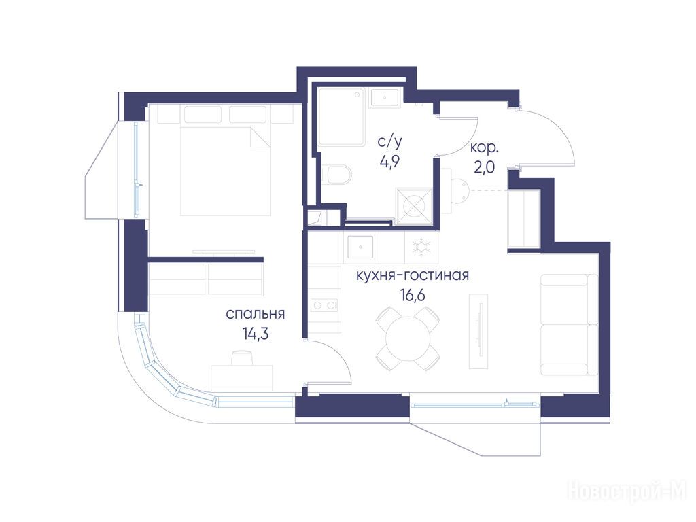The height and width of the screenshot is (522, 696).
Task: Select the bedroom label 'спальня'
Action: (256, 314)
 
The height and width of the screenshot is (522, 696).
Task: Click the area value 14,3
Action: (256, 333)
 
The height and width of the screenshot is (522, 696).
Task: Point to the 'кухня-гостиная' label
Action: (413, 275)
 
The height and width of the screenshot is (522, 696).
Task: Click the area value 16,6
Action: (413, 294)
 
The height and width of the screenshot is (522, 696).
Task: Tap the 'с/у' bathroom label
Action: (389, 142)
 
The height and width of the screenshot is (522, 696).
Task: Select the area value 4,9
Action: (389, 161)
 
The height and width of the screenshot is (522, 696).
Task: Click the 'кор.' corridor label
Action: (484, 147)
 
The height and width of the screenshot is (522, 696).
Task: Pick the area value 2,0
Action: (484, 167)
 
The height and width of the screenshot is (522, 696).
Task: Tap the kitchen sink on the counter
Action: (360, 247)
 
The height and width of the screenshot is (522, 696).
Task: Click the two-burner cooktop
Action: (324, 305)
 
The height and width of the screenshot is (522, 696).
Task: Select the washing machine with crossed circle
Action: (414, 205)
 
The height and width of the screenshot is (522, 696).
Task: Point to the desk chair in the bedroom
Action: (242, 358)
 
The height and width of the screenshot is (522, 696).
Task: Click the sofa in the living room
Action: (570, 324)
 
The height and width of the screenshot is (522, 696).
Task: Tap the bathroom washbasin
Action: (385, 98)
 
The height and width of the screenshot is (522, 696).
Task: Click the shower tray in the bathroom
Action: (341, 117)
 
